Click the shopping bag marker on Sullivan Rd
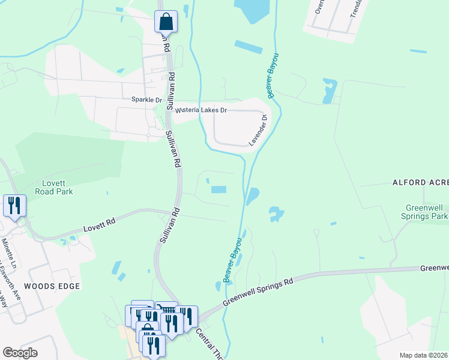pyautogui.click(x=166, y=22)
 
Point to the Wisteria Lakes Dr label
pyautogui.click(x=201, y=110)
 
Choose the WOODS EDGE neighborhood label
pyautogui.click(x=52, y=286)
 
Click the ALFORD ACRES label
pyautogui.click(x=420, y=182)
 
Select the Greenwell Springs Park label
pyautogui.click(x=425, y=211)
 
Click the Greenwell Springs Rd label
pyautogui.click(x=258, y=291)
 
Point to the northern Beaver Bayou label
pyautogui.click(x=276, y=74)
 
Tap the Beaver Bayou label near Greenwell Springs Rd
pyautogui.click(x=232, y=260)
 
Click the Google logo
pyautogui.click(x=20, y=353)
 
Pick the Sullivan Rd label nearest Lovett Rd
pyautogui.click(x=170, y=225)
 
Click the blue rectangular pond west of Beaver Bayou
pyautogui.click(x=218, y=190)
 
